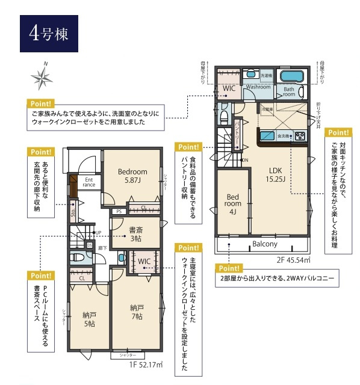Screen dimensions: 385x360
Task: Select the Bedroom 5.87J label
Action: [132, 175]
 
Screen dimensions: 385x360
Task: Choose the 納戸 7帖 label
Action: [136, 312]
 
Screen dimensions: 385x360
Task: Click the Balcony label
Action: [265, 244]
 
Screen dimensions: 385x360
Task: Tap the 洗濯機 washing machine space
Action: [267, 75]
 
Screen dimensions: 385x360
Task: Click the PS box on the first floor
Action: [119, 211]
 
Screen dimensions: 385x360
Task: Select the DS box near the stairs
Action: [89, 245]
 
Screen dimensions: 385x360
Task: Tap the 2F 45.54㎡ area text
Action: [293, 260]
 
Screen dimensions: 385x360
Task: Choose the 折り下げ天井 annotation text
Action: [318, 112]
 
